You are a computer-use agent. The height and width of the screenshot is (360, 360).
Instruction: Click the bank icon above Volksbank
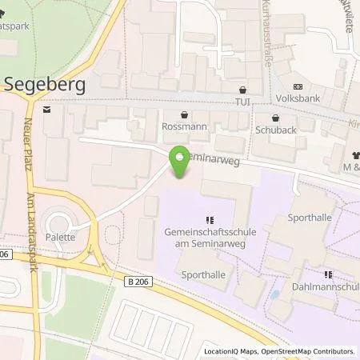tap(298, 87)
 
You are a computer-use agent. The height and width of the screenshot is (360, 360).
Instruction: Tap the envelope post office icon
tap(47, 109)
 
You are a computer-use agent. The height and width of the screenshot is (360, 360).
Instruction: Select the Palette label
tap(61, 237)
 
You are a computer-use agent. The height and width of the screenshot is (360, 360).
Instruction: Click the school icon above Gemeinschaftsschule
tap(209, 219)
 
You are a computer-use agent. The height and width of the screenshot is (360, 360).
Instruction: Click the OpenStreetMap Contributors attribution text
tap(306, 351)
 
